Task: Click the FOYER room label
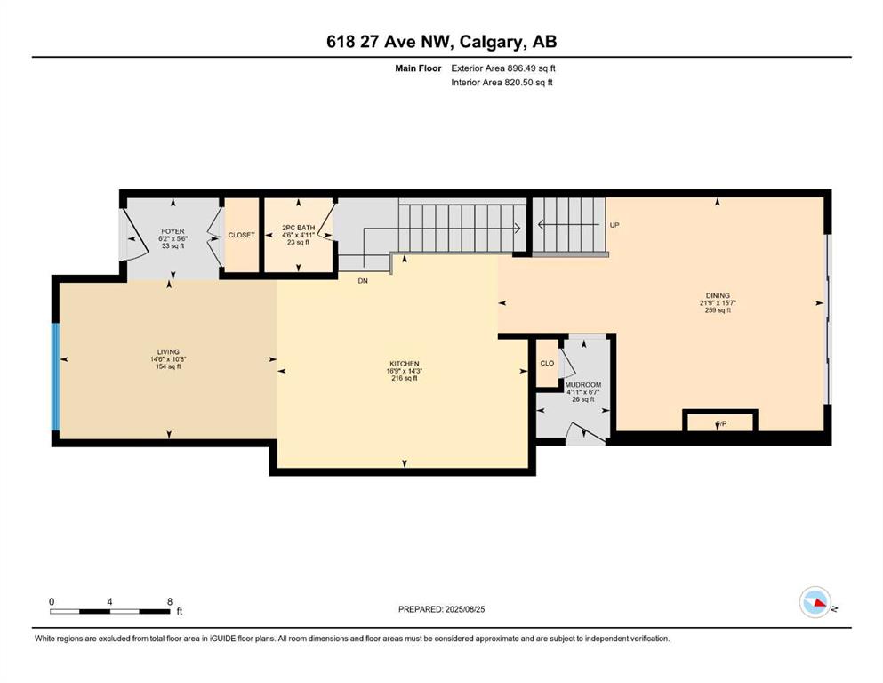point(173,231)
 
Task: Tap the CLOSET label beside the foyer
point(241,235)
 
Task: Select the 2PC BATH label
point(299,228)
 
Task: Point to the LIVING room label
point(168,352)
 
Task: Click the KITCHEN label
point(405,364)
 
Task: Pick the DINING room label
point(718,295)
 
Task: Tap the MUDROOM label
point(582,385)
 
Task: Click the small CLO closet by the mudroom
point(547,363)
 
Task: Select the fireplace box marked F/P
point(720,421)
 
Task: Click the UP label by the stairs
point(614,225)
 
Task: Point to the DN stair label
point(363,280)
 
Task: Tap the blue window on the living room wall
point(55,376)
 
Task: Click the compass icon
point(815,602)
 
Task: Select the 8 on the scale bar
point(170,602)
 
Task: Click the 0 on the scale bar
point(52,602)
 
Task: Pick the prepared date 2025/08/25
point(464,609)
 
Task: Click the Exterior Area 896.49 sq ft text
point(503,68)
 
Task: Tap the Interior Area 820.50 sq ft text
point(502,82)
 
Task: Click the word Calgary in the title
point(489,42)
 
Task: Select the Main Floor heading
point(418,68)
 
